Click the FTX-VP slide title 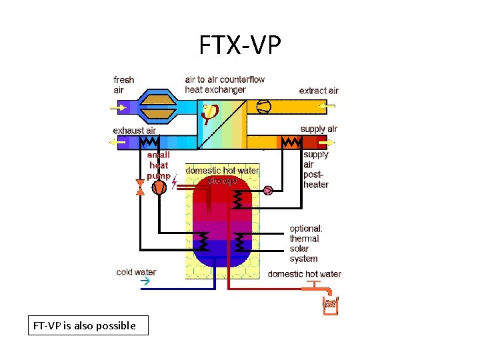[x=240, y=45]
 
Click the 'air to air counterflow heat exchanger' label [x=225, y=84]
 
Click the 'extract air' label [x=319, y=91]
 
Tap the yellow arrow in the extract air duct [x=327, y=105]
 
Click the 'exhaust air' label [x=134, y=131]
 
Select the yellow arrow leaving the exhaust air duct [x=116, y=142]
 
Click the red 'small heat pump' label [x=159, y=165]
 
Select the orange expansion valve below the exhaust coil [x=140, y=188]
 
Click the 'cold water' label [x=136, y=272]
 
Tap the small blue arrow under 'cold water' [x=145, y=282]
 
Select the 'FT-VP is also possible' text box [x=85, y=326]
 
